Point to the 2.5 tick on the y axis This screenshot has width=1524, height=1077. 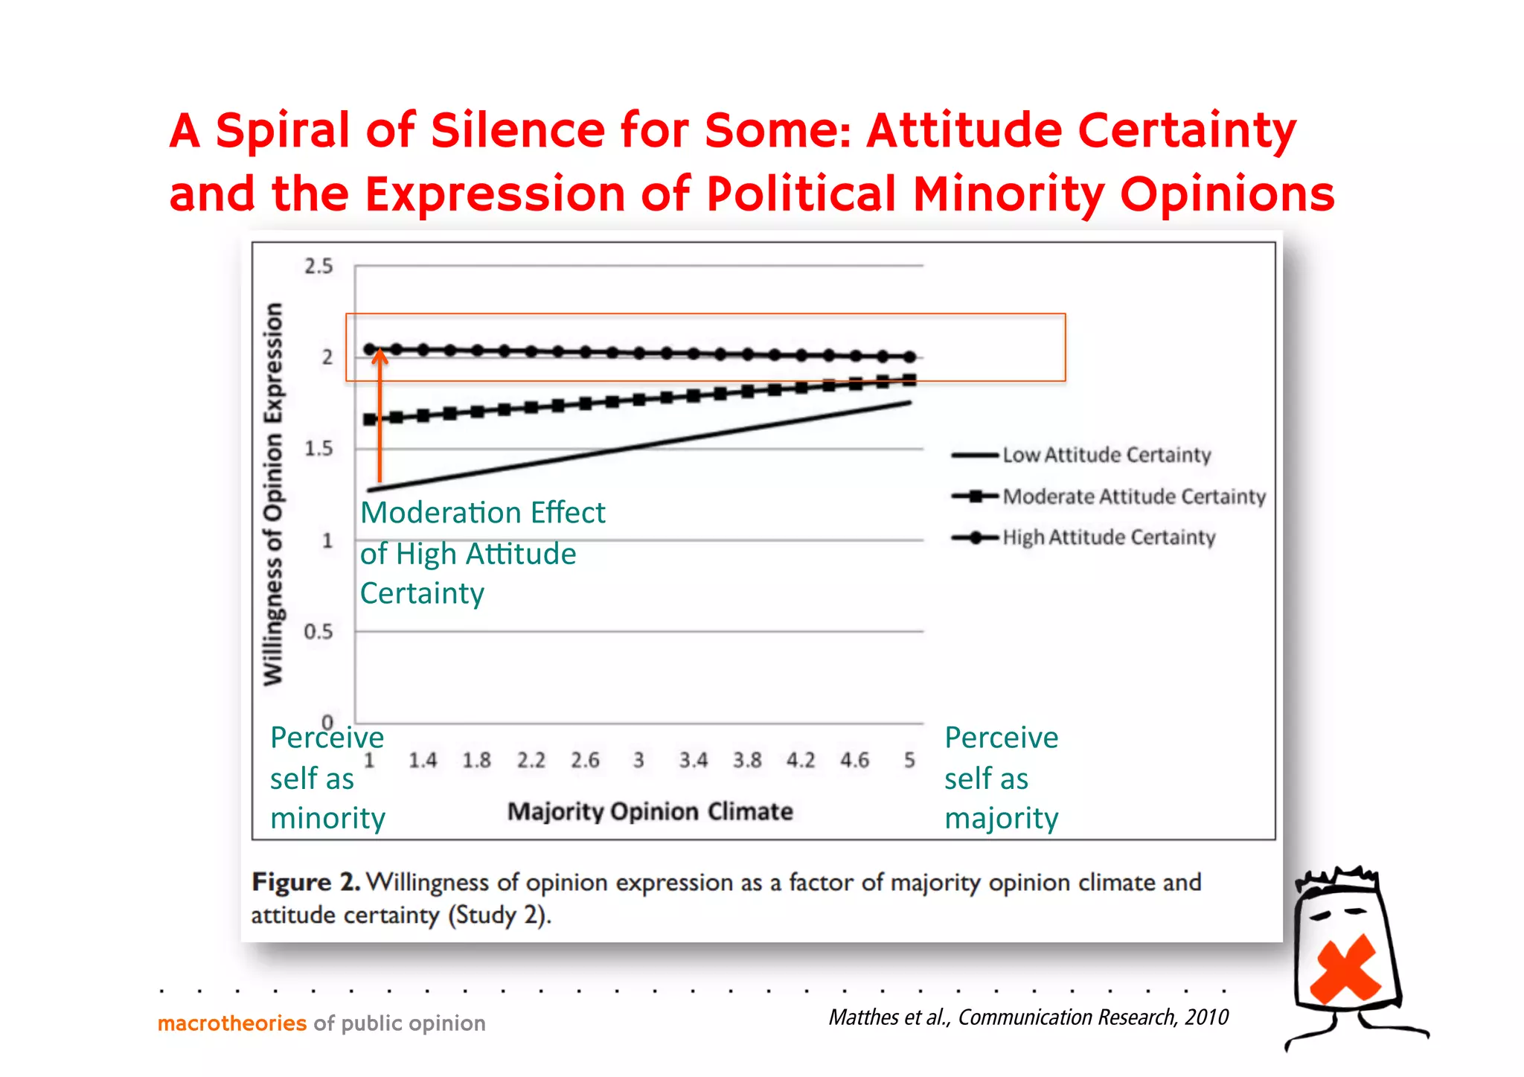(x=318, y=266)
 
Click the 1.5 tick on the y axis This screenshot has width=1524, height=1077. (x=318, y=449)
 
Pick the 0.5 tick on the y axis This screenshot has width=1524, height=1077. (x=318, y=632)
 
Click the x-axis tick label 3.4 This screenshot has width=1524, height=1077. (x=693, y=761)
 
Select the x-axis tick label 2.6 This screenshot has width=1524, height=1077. (x=585, y=761)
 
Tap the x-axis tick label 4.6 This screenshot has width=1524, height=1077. (x=854, y=761)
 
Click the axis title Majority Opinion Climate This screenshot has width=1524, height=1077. (x=650, y=811)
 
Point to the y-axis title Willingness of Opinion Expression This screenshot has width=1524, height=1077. (x=274, y=493)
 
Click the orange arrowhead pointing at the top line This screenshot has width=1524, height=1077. (x=380, y=357)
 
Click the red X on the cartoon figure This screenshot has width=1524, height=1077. (x=1345, y=969)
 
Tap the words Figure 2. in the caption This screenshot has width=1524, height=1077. (x=306, y=883)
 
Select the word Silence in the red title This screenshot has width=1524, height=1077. (x=518, y=130)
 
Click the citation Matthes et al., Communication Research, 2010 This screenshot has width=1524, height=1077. (x=1028, y=1017)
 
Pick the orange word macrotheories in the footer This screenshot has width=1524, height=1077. (x=232, y=1023)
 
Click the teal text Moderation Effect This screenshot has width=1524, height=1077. (x=482, y=513)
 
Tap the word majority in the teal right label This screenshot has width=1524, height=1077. (x=1001, y=819)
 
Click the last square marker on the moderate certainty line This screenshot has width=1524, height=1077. (x=909, y=380)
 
